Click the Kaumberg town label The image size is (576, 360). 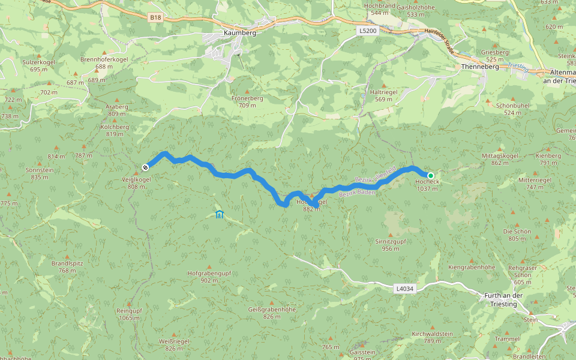pos(240,33)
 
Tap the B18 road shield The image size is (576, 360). pos(156,18)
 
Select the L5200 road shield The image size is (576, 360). pos(368,31)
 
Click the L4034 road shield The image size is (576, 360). pos(404,289)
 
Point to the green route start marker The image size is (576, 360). pos(430,176)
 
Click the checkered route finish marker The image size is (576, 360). pos(145,167)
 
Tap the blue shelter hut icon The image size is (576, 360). pos(219,214)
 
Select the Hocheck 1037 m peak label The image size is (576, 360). pos(428,185)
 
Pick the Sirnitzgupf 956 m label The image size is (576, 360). pos(391,244)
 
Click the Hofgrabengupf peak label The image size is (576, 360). pos(209,276)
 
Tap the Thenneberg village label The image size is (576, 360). pos(477,67)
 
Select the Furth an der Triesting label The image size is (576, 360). pos(503,299)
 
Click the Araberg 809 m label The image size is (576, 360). pos(117,110)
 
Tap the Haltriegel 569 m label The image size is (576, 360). pos(384,95)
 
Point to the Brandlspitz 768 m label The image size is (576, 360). pos(67,267)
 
